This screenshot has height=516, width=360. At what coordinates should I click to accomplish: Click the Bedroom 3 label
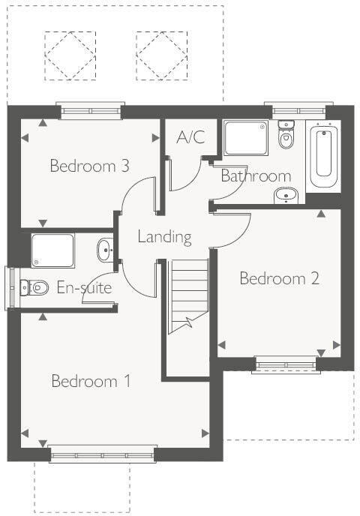coord(88,166)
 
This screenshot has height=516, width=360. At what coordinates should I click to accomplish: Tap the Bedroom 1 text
coord(91,381)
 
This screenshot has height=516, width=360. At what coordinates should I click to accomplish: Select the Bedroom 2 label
coord(279,279)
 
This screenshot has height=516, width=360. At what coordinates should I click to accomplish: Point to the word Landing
coord(164,237)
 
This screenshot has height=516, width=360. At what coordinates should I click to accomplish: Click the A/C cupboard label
coord(190,138)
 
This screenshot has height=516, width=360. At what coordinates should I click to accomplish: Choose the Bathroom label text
coord(255,176)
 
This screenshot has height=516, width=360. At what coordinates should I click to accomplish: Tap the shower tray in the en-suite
coord(52,250)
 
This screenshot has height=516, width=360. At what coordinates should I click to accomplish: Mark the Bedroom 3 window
coord(89,112)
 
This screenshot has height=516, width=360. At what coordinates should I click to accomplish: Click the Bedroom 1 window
coord(91,454)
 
